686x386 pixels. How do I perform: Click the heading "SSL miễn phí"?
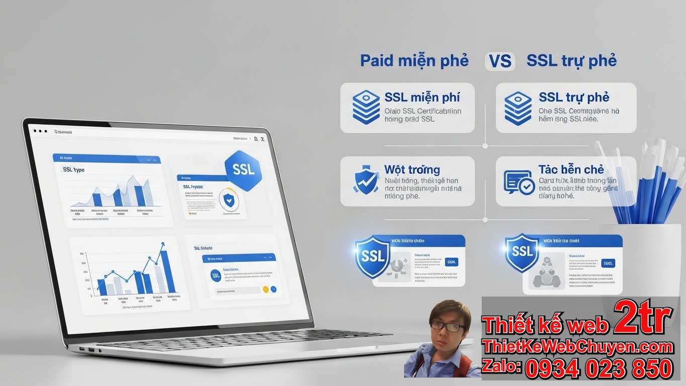point(422,97)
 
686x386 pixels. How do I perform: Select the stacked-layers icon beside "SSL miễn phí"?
point(366,107)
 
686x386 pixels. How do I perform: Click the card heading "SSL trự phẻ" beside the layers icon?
point(574,97)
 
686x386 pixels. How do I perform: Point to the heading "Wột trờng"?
point(412,169)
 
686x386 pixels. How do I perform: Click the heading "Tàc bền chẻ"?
point(571,169)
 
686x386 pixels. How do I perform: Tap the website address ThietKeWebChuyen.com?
point(577,347)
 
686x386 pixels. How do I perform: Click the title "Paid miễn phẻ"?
point(414,61)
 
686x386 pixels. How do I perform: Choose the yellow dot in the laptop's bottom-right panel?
point(265,289)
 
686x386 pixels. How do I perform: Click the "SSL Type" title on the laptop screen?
point(74,170)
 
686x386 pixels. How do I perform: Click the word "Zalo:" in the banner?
point(501,367)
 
